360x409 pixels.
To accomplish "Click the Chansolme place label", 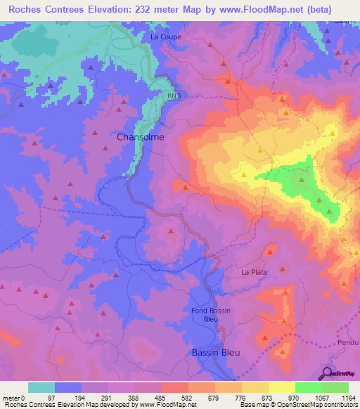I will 141,137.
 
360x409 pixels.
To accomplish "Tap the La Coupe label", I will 166,37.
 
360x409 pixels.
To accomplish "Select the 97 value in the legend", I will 51,397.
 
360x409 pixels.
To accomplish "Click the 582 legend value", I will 187,397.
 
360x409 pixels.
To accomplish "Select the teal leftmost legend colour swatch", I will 41,387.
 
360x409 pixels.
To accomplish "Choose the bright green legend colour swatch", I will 308,387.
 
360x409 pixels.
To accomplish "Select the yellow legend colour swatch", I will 255,387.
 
